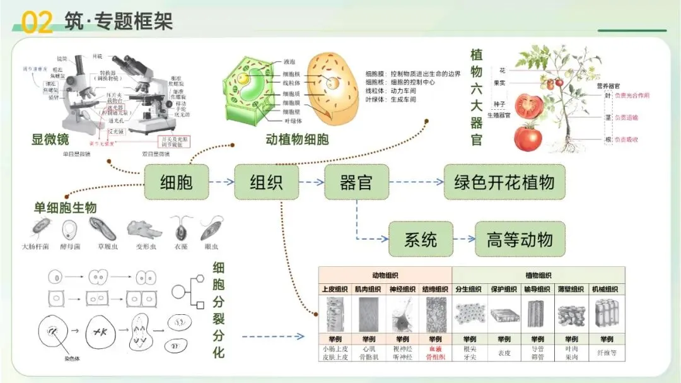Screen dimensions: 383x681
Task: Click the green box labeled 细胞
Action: coord(176,182)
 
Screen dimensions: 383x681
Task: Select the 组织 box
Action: coord(266,182)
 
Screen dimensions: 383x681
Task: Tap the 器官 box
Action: coord(356,182)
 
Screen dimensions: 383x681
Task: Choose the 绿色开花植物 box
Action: coord(504,182)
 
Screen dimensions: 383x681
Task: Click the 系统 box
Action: coord(421,239)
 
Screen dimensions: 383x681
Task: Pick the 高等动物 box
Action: coord(520,239)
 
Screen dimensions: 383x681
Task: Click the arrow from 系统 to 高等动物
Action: coord(464,239)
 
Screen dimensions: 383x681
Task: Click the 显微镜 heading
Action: coord(50,139)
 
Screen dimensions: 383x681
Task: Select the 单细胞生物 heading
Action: coord(66,208)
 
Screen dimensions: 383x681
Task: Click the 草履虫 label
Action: coord(103,247)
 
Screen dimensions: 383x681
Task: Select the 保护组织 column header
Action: coord(504,289)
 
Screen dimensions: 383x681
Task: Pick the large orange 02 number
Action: coord(37,23)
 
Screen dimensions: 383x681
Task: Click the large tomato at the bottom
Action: coord(528,137)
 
